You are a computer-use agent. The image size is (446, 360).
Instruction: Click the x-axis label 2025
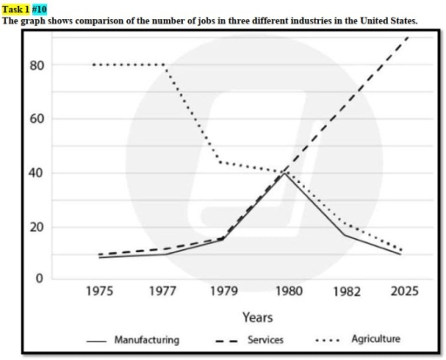pyautogui.click(x=403, y=291)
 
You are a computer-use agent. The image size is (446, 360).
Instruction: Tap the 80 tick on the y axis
pyautogui.click(x=36, y=65)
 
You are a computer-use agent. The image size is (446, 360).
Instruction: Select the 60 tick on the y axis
pyautogui.click(x=36, y=119)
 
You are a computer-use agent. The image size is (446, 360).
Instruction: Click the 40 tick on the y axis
pyautogui.click(x=36, y=173)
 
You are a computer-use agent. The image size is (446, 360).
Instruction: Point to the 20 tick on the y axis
pyautogui.click(x=36, y=227)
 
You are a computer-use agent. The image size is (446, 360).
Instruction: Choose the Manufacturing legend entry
pyautogui.click(x=146, y=340)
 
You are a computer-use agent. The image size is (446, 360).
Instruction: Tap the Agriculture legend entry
pyautogui.click(x=375, y=339)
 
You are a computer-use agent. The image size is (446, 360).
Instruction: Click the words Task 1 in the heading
pyautogui.click(x=15, y=8)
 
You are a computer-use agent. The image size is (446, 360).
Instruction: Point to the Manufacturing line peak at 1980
pyautogui.click(x=283, y=173)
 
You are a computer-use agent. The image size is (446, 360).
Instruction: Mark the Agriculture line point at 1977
pyautogui.click(x=164, y=65)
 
